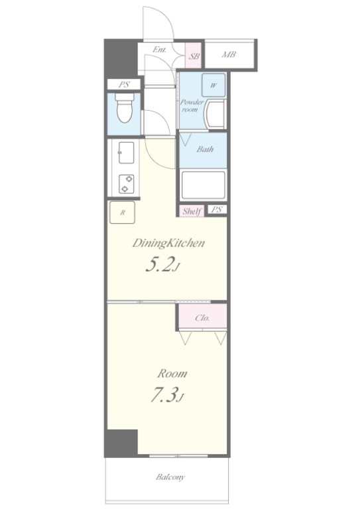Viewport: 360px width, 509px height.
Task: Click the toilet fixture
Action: (x=125, y=108)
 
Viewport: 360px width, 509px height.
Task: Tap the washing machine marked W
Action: (x=213, y=85)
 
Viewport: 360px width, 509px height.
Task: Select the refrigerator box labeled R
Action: (x=123, y=212)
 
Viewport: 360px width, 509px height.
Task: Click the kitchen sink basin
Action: (x=126, y=152)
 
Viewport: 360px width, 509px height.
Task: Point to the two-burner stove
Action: (x=126, y=184)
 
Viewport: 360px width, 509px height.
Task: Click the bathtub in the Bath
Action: (x=204, y=185)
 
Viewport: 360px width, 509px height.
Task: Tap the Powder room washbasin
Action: (x=215, y=115)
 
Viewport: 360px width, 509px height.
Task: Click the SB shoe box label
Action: (x=194, y=56)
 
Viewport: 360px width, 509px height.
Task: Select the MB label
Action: (x=229, y=54)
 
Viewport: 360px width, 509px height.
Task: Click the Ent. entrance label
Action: (x=159, y=50)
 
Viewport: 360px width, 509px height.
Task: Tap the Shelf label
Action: (x=192, y=211)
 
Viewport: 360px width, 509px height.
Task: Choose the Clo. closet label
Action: (x=202, y=318)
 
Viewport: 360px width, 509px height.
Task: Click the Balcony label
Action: (x=170, y=477)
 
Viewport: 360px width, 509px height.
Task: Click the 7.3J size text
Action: (x=167, y=396)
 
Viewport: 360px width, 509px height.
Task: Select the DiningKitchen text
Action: (x=168, y=243)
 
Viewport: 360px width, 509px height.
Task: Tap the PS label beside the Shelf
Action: (x=217, y=209)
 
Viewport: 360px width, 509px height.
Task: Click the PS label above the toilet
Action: (x=124, y=84)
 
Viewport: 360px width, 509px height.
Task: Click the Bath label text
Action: (x=205, y=149)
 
